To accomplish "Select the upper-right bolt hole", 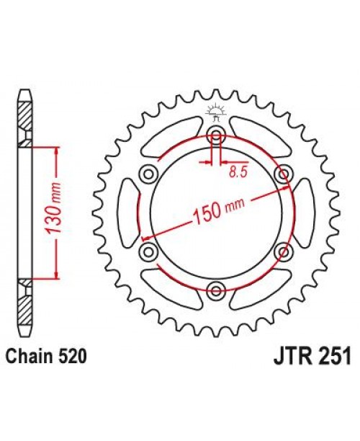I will pyautogui.click(x=284, y=173).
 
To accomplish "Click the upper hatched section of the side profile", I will pyautogui.click(x=24, y=115).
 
